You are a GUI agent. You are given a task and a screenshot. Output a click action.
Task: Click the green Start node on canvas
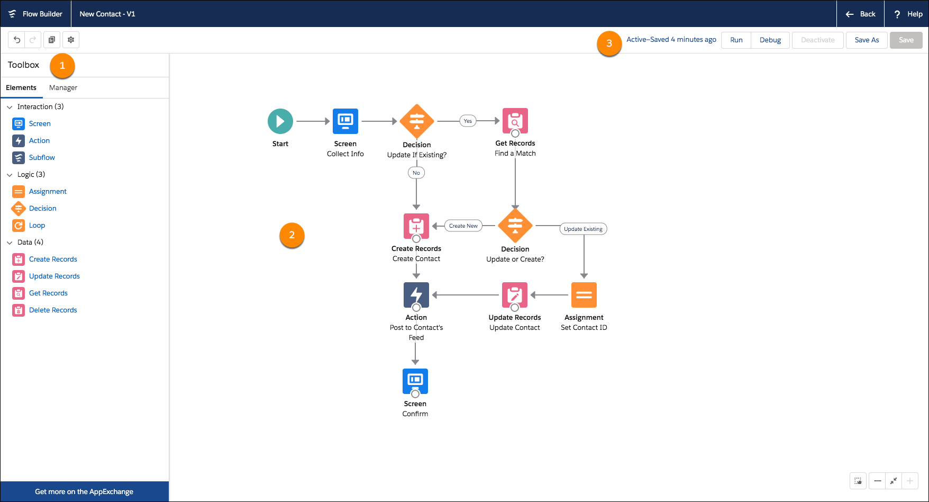[x=280, y=121]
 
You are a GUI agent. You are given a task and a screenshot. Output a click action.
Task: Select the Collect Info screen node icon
[x=345, y=121]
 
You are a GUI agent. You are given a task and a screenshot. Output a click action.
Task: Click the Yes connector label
[x=468, y=121]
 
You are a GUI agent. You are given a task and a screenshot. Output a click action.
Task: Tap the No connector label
[x=416, y=173]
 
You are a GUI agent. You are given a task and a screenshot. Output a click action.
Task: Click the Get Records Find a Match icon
[x=515, y=121]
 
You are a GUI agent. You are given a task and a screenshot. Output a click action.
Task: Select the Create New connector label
[x=463, y=226]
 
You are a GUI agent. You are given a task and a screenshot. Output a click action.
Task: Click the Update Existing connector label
[x=583, y=229]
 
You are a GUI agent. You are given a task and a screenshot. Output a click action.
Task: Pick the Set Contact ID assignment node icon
[x=584, y=295]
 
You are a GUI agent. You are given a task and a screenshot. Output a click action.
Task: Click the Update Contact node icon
[x=515, y=295]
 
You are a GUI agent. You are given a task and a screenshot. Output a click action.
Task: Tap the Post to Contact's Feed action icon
[x=416, y=295]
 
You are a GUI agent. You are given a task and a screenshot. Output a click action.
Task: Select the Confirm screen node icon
[x=415, y=381]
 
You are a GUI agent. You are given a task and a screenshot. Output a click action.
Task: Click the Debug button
[x=770, y=40]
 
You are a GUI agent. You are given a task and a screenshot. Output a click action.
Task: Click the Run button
[x=736, y=40]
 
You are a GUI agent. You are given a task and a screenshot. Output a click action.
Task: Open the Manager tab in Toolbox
[x=63, y=88]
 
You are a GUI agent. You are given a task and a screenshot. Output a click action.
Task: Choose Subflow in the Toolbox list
[x=42, y=158]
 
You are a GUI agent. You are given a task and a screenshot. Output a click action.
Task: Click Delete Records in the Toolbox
[x=53, y=310]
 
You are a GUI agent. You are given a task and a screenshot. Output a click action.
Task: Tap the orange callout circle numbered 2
[x=292, y=235]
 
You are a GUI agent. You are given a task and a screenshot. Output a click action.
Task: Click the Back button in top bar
[x=861, y=14]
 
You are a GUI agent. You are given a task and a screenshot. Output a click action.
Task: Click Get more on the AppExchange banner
[x=84, y=491]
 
